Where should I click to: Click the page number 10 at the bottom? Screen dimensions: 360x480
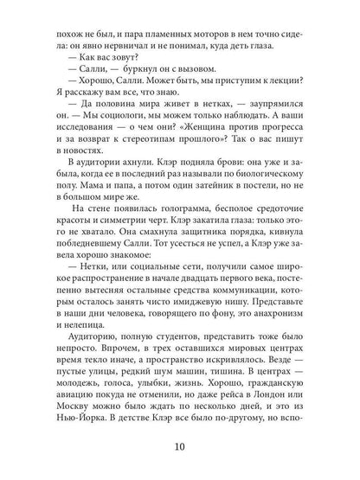(x=179, y=447)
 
